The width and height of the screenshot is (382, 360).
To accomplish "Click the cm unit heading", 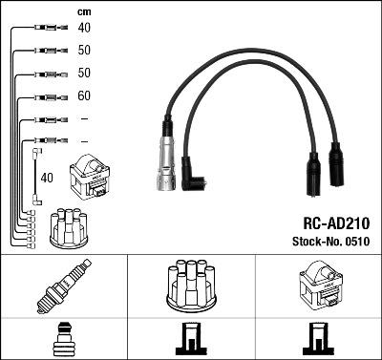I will pos(83,11).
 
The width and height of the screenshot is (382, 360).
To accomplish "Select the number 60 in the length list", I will pos(83,96).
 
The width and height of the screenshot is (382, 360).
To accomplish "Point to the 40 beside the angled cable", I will pos(47,177).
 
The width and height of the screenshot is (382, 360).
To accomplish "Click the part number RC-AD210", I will pos(337,222).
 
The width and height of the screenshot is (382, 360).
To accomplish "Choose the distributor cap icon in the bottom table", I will pos(190,286).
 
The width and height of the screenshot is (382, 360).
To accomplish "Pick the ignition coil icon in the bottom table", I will pos(317,287).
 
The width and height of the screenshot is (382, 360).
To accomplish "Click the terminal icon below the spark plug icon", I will pos(63,340).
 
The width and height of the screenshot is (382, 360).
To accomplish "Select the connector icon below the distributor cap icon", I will pos(190,340).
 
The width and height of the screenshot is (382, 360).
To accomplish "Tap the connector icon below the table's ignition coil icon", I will pos(317,340).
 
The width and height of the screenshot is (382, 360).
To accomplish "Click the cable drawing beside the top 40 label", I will pos(47,27).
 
